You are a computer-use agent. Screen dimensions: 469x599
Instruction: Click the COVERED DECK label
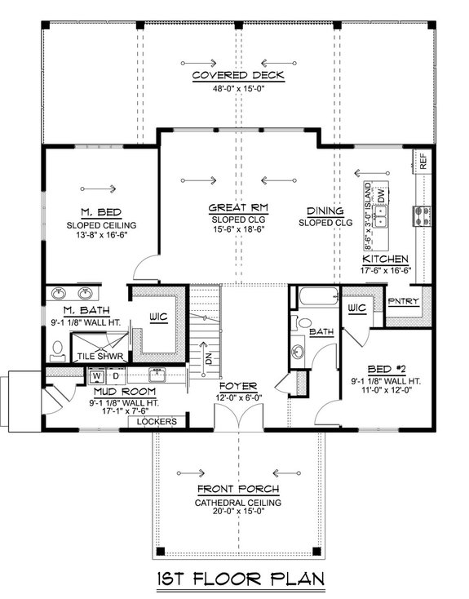pyautogui.click(x=238, y=75)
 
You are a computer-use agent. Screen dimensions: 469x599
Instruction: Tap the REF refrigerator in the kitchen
pyautogui.click(x=423, y=162)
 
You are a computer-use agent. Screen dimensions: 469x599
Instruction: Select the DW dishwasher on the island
pyautogui.click(x=381, y=197)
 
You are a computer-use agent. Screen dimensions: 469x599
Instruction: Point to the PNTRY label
pyautogui.click(x=403, y=301)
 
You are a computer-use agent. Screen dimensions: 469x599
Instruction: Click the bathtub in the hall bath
pyautogui.click(x=319, y=296)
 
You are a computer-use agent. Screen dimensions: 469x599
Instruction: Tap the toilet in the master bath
pyautogui.click(x=58, y=352)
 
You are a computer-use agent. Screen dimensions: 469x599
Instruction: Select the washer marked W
pyautogui.click(x=97, y=376)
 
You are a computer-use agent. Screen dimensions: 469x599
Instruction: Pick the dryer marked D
pyautogui.click(x=116, y=376)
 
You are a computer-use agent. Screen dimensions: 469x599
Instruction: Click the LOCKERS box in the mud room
pyautogui.click(x=157, y=422)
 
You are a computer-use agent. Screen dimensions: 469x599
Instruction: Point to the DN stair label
pyautogui.click(x=209, y=359)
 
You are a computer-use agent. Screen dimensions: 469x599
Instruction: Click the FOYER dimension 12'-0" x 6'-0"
pyautogui.click(x=238, y=398)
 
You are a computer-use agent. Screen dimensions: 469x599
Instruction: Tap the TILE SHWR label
pyautogui.click(x=100, y=357)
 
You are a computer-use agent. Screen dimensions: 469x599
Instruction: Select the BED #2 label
pyautogui.click(x=386, y=369)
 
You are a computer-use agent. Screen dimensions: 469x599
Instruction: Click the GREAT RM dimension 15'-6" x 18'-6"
pyautogui.click(x=238, y=229)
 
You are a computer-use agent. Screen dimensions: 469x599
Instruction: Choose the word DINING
pyautogui.click(x=325, y=211)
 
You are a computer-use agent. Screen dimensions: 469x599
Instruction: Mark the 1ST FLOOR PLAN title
pyautogui.click(x=241, y=579)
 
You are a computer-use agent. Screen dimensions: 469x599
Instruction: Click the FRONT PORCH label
pyautogui.click(x=238, y=489)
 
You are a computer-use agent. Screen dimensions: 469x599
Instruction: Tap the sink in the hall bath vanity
pyautogui.click(x=298, y=352)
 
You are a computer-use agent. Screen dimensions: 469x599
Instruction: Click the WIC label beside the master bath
pyautogui.click(x=158, y=317)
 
